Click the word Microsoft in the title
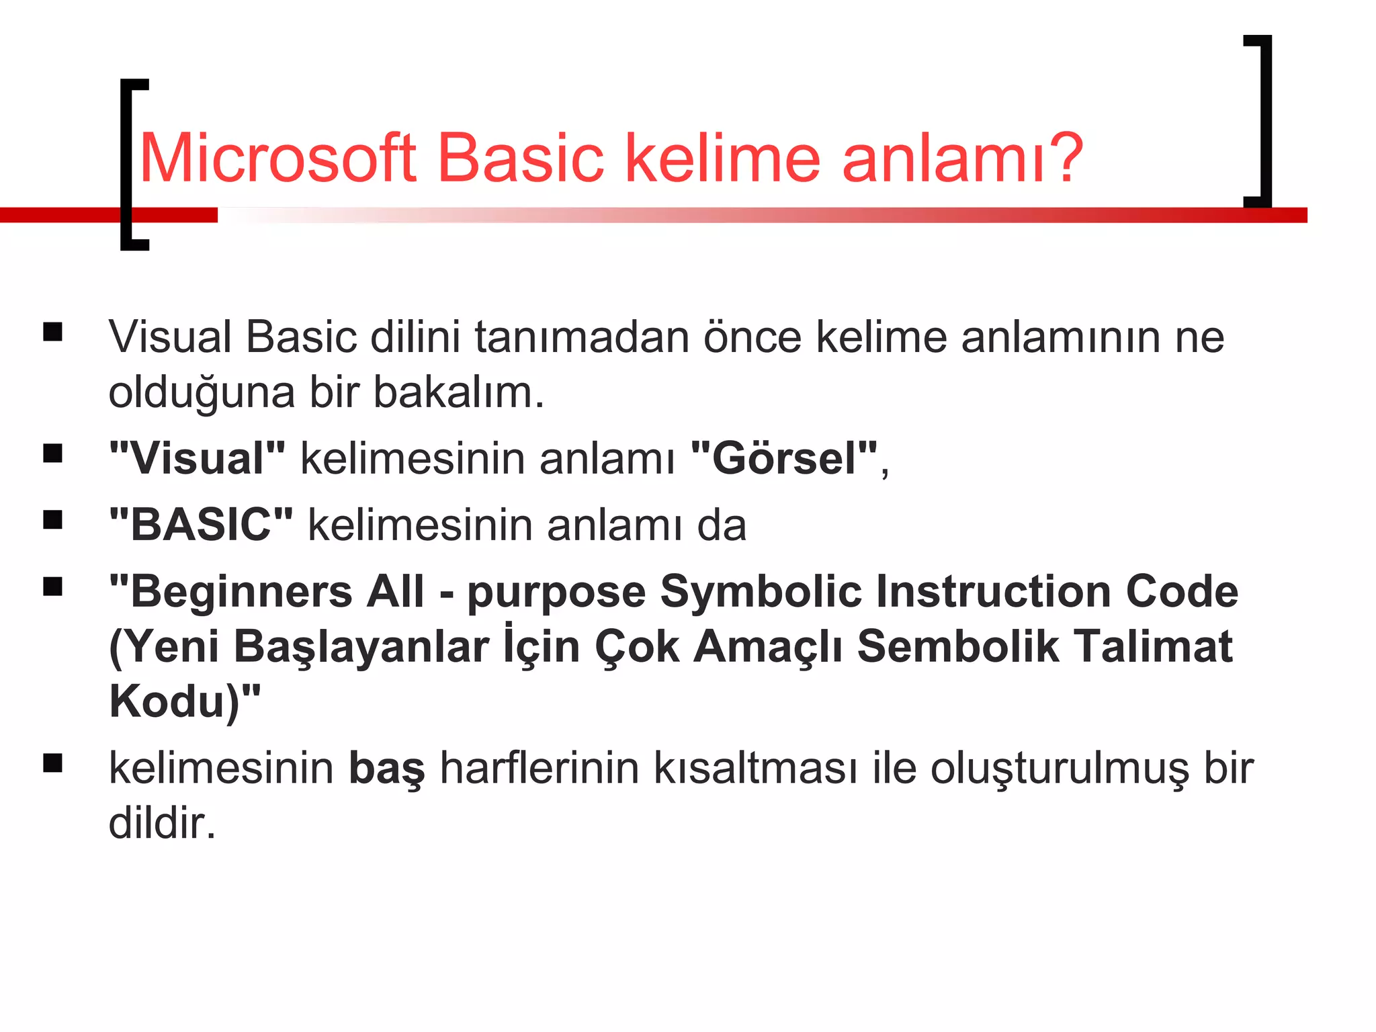pos(277,159)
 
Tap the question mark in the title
pos(1063,159)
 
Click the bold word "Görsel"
pos(785,459)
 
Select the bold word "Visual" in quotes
pos(197,459)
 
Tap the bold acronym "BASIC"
pos(201,525)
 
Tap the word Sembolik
pos(957,646)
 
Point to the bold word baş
pos(387,768)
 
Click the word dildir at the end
pos(162,823)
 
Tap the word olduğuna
pos(202,392)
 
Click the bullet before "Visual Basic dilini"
pos(52,333)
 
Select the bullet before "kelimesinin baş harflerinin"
pos(52,764)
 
